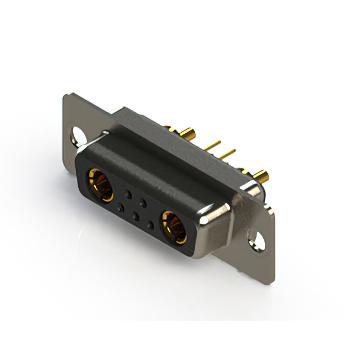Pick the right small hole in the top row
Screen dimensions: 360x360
(x=143, y=202)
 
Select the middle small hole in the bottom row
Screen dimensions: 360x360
(x=134, y=216)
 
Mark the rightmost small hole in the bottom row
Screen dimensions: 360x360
(x=150, y=224)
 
